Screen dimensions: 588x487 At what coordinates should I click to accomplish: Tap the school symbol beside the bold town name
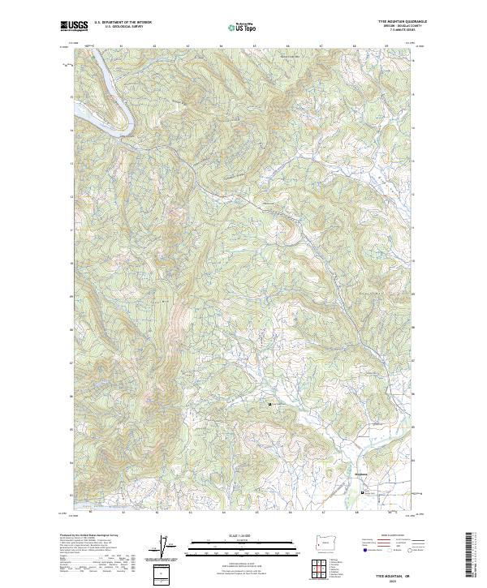(x=363, y=491)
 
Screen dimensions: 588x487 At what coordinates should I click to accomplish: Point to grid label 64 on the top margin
(x=222, y=45)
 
